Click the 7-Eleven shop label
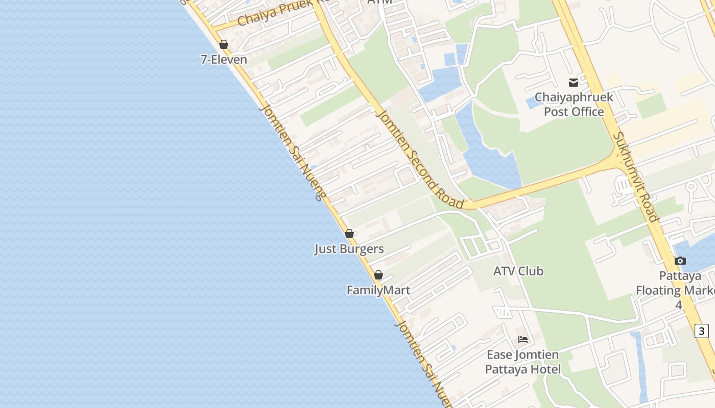click(224, 60)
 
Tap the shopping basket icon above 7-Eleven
click(224, 44)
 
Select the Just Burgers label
click(349, 249)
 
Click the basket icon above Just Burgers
click(349, 234)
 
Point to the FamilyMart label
click(378, 290)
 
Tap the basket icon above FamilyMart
click(378, 275)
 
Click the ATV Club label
click(518, 271)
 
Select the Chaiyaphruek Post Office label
click(574, 104)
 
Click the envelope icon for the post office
click(574, 82)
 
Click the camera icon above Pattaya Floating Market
click(680, 261)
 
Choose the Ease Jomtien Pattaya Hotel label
click(523, 362)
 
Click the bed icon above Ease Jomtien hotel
click(523, 339)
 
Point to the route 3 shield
click(702, 330)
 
